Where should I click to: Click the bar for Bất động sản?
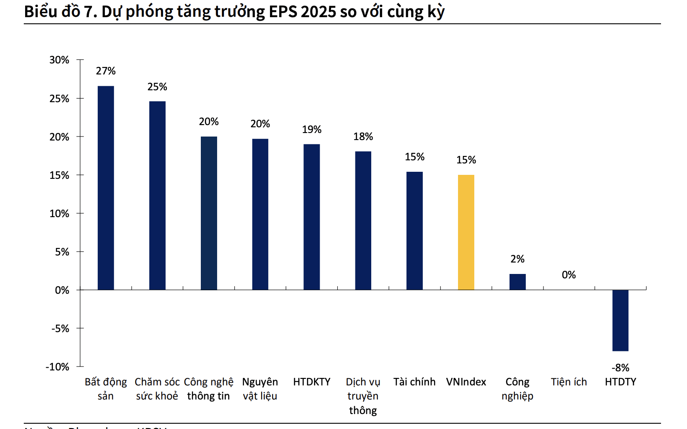[x=106, y=188]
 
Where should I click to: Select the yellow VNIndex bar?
[x=466, y=232]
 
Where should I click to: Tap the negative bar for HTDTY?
[x=620, y=320]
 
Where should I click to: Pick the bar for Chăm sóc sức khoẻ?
[x=157, y=196]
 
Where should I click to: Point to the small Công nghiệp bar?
[x=517, y=282]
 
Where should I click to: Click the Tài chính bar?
[x=414, y=231]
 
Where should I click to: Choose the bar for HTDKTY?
[x=312, y=217]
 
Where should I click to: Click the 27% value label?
[x=106, y=71]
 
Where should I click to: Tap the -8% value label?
[x=620, y=368]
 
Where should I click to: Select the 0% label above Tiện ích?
[x=569, y=275]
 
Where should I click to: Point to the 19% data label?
[x=312, y=129]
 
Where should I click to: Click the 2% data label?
[x=517, y=259]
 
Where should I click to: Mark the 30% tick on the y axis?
[x=59, y=60]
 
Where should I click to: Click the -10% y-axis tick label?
[x=58, y=367]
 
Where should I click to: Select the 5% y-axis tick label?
[x=62, y=252]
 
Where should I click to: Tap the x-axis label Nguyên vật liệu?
[x=260, y=389]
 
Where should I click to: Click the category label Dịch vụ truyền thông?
[x=363, y=396]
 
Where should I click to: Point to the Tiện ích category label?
[x=569, y=382]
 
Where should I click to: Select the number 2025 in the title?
[x=318, y=12]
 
